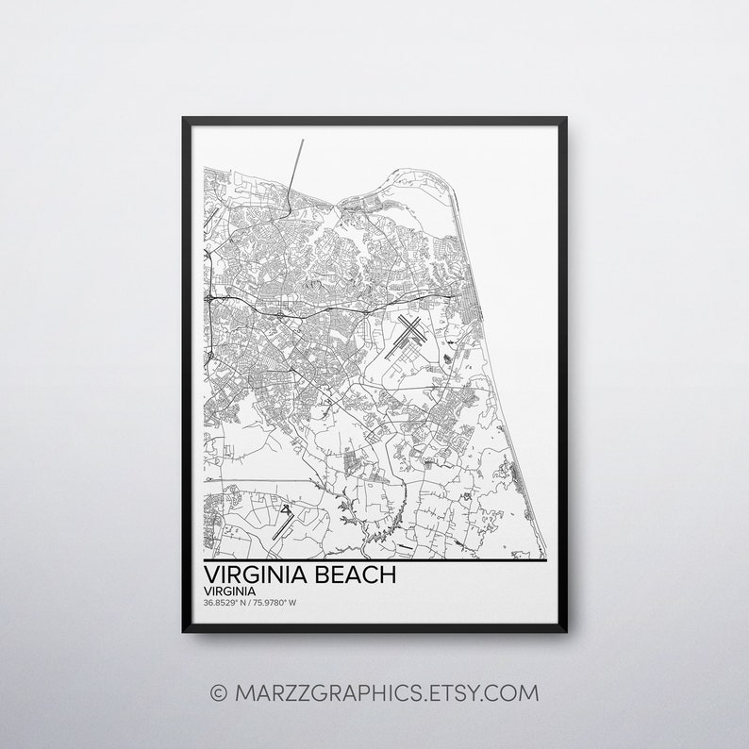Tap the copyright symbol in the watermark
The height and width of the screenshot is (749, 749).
tap(218, 693)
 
